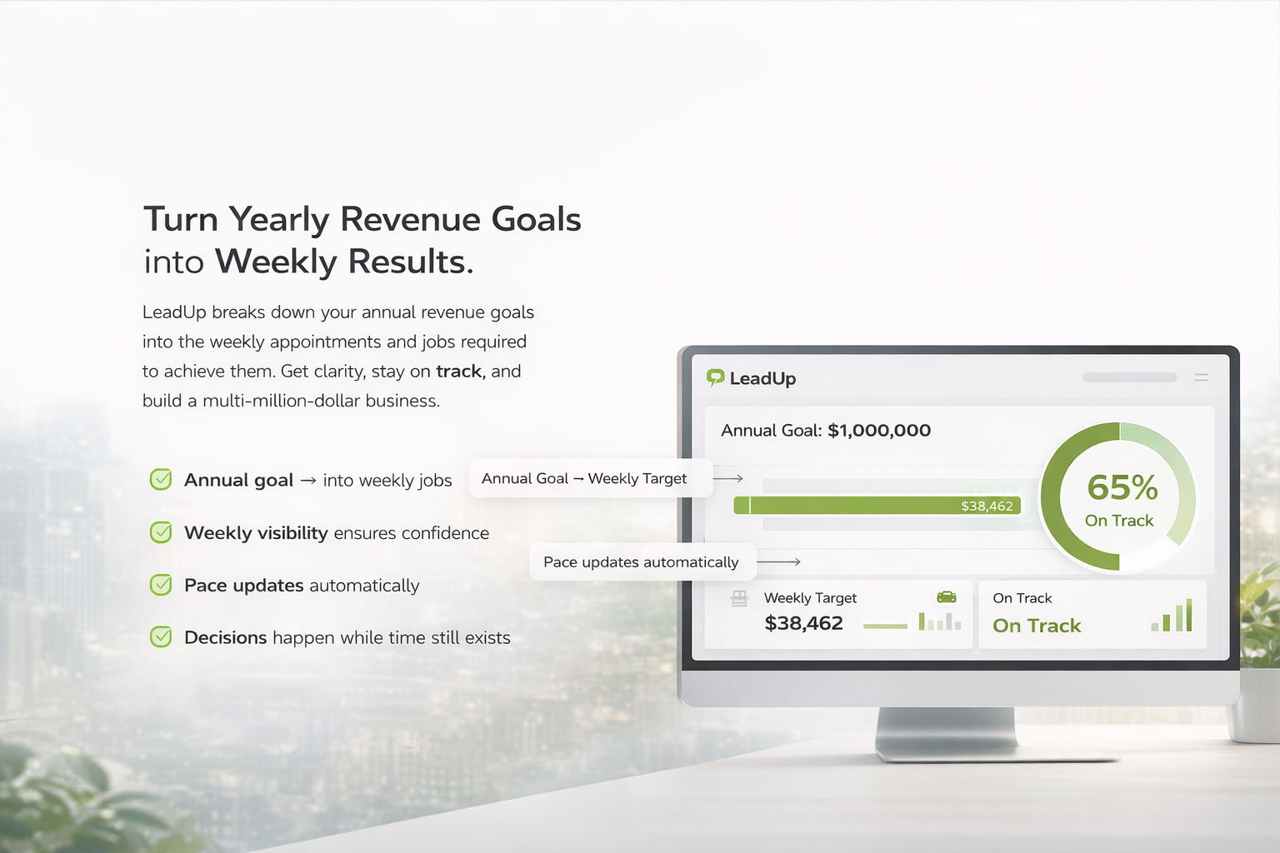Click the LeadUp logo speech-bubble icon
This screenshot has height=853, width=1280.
716,377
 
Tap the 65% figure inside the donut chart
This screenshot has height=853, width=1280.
1122,487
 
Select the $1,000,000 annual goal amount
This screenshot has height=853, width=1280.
879,430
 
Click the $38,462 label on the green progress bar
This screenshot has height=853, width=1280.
987,506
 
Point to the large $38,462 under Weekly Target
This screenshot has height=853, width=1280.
803,623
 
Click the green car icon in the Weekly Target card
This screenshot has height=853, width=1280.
947,597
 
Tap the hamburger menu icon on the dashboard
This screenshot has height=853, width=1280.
1201,377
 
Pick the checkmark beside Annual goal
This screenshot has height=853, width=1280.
161,479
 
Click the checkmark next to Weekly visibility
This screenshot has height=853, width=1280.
161,532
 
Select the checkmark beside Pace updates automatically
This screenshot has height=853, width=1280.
161,585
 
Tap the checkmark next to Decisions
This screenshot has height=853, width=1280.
161,637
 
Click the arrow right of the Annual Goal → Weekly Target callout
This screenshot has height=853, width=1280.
728,478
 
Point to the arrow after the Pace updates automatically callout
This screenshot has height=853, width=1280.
778,562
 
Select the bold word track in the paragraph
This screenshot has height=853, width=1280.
459,372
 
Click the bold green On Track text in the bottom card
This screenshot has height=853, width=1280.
1037,626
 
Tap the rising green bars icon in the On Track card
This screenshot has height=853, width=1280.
1172,615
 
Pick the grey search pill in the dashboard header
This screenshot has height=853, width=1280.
1130,377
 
